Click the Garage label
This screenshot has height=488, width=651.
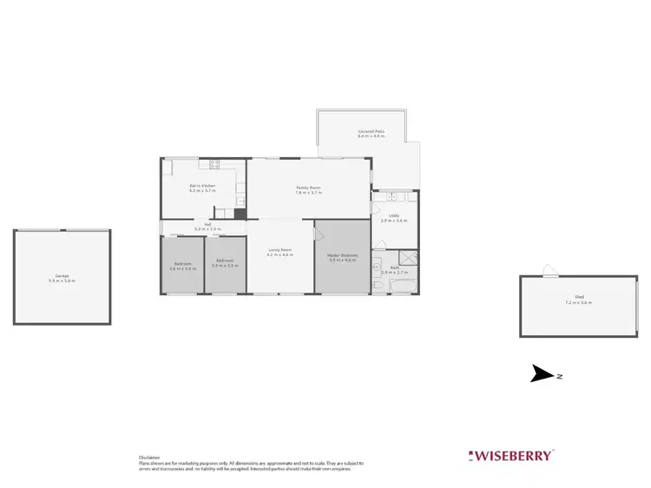[x=62, y=277]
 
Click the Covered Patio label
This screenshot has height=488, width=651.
[x=371, y=132]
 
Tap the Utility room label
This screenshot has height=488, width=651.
[x=393, y=217]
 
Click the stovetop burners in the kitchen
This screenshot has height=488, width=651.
[x=214, y=163]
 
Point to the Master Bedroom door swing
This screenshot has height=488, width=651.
[x=318, y=234]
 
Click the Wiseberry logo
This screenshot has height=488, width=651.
[x=511, y=455]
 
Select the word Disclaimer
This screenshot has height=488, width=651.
[x=148, y=458]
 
